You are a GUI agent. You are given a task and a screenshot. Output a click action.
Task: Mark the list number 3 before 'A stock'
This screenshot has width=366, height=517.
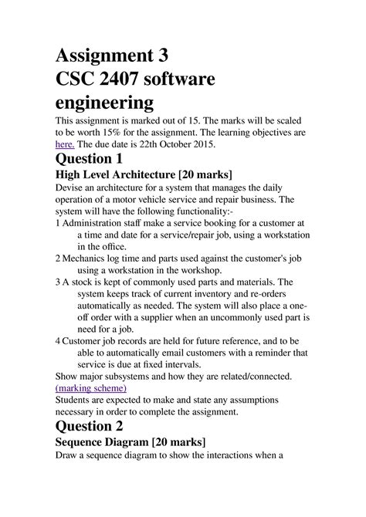coord(58,282)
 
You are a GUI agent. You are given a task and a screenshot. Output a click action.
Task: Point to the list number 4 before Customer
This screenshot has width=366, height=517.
coord(58,340)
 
